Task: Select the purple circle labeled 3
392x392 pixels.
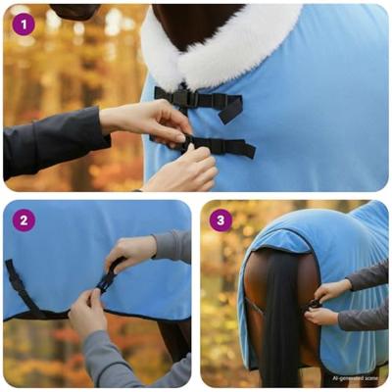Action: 220,220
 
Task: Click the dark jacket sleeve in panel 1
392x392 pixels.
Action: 49,142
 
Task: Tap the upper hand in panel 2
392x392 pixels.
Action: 132,252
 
